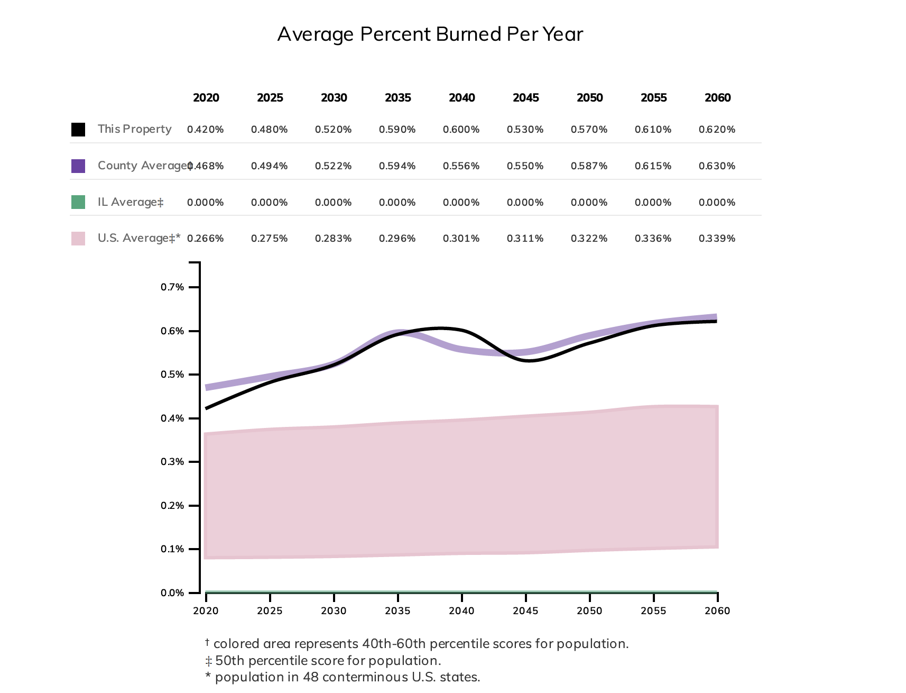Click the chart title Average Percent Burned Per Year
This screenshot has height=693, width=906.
(x=430, y=34)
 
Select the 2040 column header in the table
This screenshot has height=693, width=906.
(x=461, y=98)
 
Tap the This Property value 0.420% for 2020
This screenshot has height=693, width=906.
(x=205, y=130)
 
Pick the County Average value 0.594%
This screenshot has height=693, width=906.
(x=397, y=166)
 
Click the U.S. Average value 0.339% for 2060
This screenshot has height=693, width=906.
(x=717, y=239)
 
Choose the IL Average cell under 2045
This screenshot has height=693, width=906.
(x=525, y=203)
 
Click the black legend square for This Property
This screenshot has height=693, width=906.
(x=78, y=130)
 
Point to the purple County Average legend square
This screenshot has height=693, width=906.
(x=78, y=166)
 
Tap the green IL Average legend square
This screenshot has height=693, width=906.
(x=78, y=202)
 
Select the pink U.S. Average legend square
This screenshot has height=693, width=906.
(x=78, y=239)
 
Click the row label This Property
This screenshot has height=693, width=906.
(x=134, y=129)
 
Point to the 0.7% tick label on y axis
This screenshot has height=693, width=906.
(x=172, y=287)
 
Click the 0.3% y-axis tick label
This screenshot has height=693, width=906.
(x=172, y=462)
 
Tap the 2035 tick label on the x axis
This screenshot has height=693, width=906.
(x=397, y=611)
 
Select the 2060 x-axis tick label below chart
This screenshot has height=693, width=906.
(x=717, y=611)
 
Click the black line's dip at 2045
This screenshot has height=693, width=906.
(x=529, y=360)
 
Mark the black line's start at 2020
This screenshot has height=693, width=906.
(x=207, y=408)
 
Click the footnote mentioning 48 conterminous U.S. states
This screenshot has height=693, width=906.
(x=343, y=677)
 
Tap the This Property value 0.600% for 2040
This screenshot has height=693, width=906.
(x=461, y=130)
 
